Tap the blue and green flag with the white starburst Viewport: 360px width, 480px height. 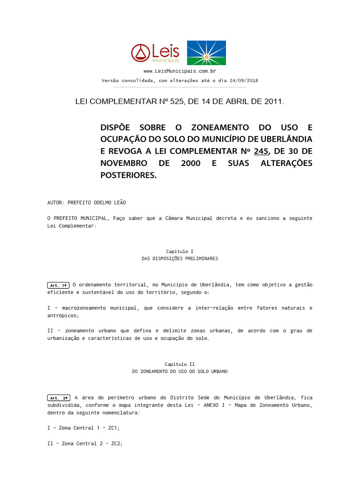pos(206,52)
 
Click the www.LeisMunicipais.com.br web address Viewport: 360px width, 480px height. pos(180,71)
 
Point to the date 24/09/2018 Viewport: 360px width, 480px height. pos(244,80)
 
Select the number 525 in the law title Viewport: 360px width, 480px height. pos(175,101)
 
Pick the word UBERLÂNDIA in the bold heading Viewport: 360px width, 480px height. pos(286,139)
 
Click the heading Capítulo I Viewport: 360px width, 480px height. pos(180,251)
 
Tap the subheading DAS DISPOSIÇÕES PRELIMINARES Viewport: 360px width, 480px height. pos(180,259)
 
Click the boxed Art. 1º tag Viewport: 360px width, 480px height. pos(58,285)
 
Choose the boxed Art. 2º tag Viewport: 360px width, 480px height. pos(58,397)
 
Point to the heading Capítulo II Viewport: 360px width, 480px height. pos(180,364)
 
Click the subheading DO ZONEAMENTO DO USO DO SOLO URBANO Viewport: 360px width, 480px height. pos(180,371)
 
